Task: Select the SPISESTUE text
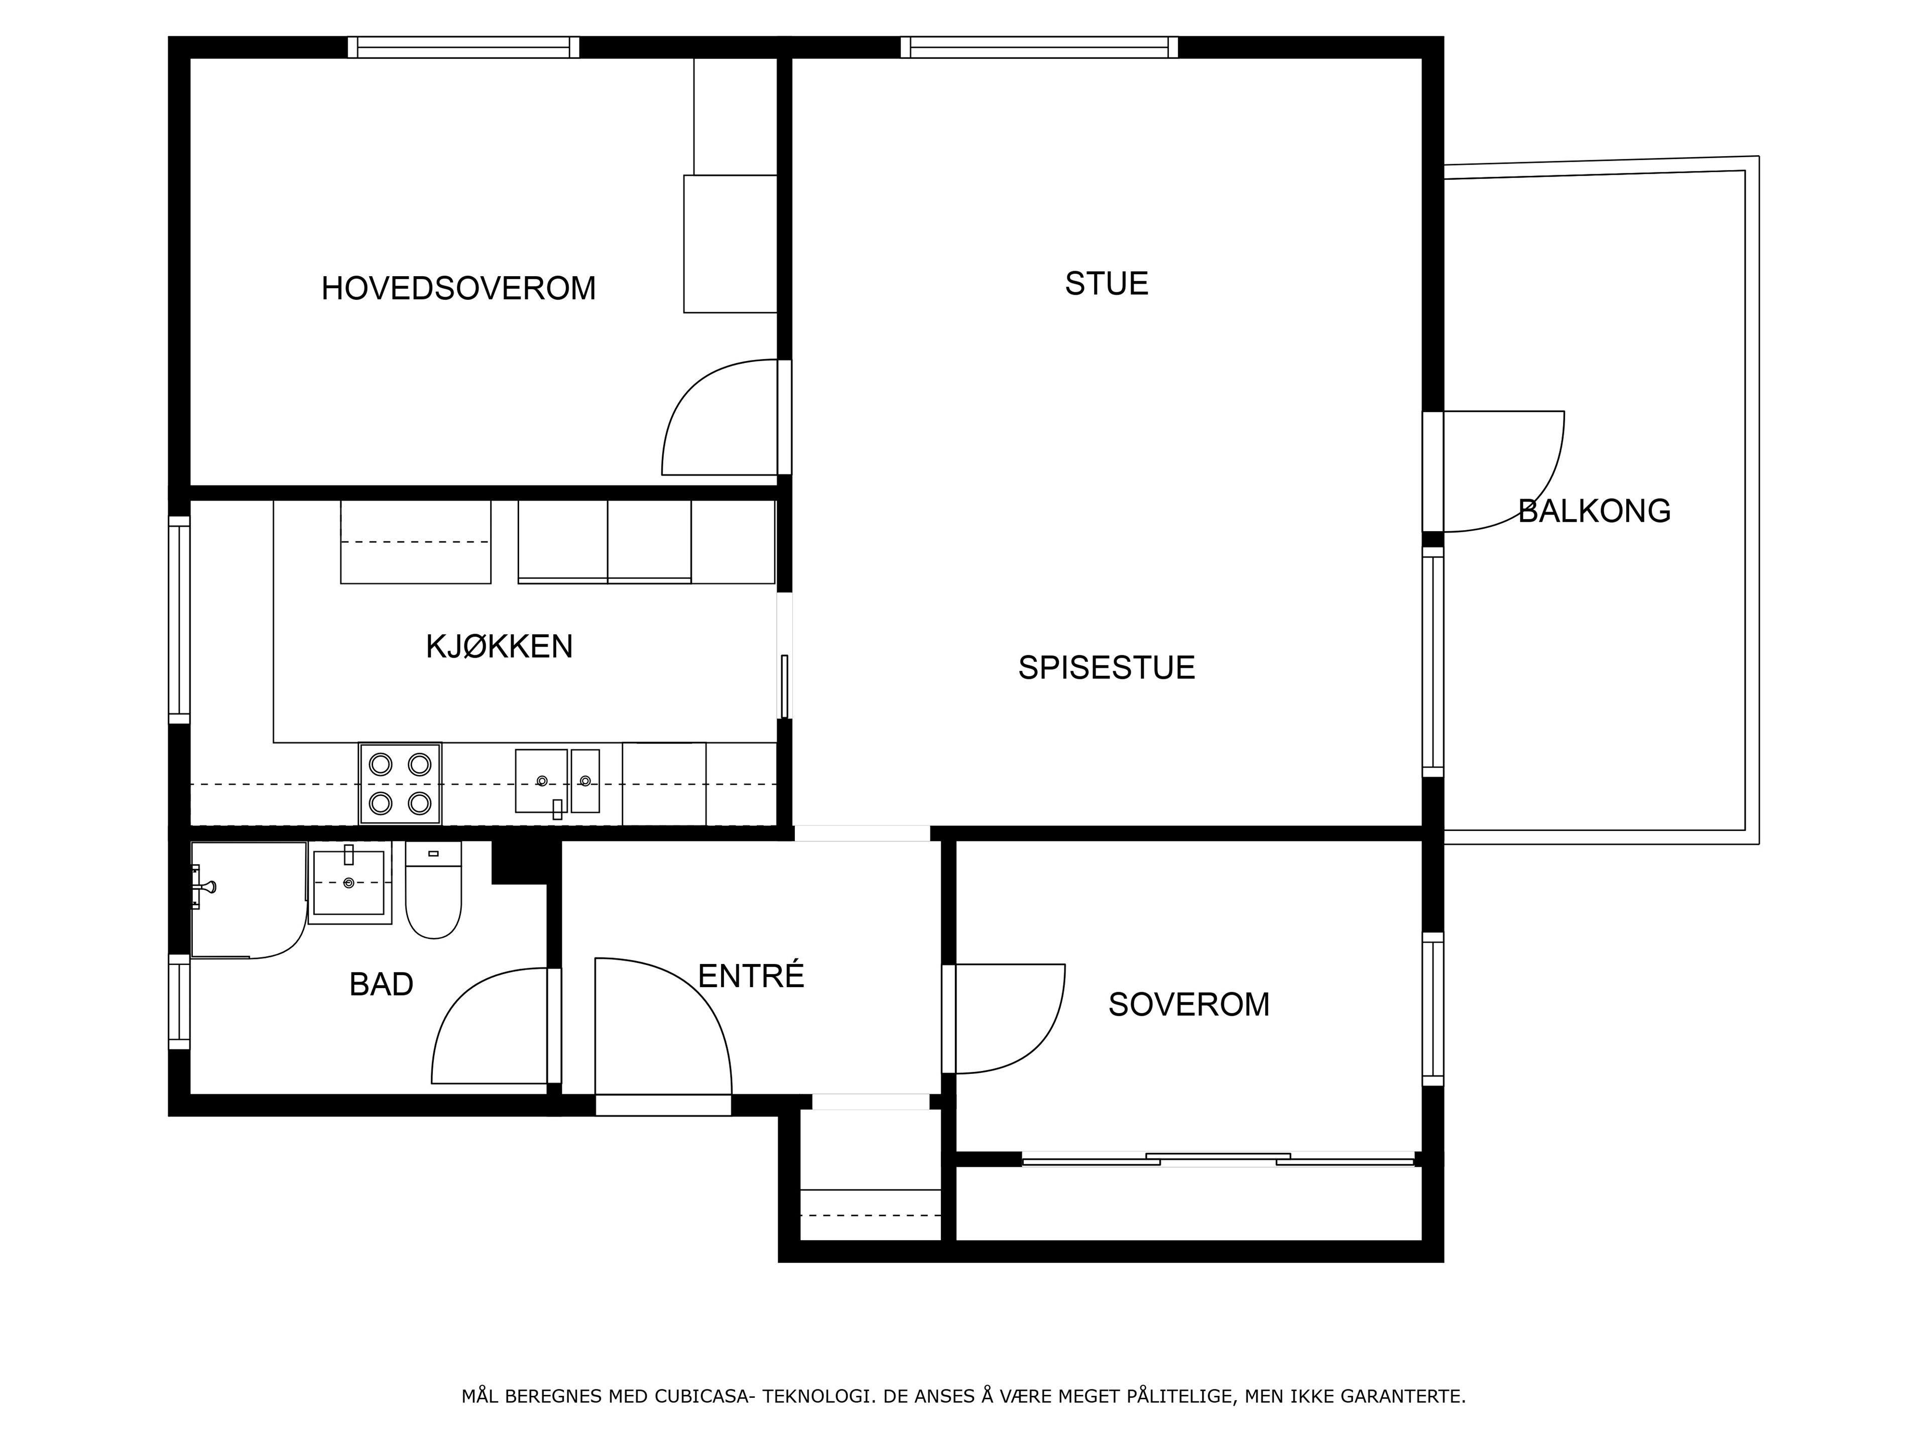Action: (x=1106, y=668)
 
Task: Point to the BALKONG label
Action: (x=1594, y=511)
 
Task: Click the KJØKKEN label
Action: (x=500, y=647)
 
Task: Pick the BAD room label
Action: (x=381, y=984)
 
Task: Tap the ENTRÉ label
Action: (x=751, y=976)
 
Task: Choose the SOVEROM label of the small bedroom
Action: (x=1189, y=1005)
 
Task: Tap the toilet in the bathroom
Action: (x=433, y=890)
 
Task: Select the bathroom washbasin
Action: (x=348, y=883)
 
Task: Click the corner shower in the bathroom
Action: (x=249, y=900)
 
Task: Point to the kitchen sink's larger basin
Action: (x=541, y=780)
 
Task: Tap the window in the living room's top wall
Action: (x=1039, y=47)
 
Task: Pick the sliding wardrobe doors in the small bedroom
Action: (x=1218, y=1159)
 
